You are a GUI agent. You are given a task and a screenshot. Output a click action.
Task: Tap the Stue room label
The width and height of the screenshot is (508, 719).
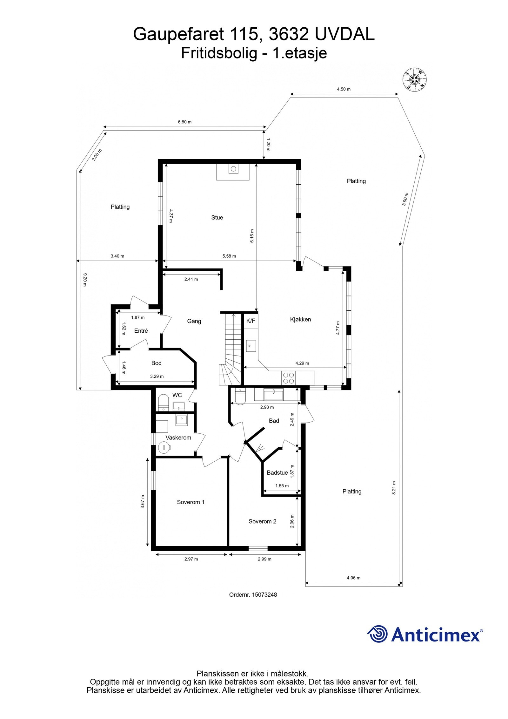point(217,218)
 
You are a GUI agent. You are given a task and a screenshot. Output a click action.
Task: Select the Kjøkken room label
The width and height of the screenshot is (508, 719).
point(300,319)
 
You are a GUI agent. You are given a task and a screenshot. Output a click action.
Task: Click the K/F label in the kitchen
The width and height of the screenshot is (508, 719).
point(251,321)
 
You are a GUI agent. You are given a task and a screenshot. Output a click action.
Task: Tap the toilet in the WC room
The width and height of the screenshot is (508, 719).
point(163,402)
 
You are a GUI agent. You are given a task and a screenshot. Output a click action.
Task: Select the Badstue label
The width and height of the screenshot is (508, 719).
point(277,472)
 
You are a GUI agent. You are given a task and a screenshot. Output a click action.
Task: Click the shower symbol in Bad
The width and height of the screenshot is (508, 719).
point(261,448)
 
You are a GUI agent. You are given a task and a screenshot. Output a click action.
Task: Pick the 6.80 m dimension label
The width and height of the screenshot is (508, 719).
point(184,122)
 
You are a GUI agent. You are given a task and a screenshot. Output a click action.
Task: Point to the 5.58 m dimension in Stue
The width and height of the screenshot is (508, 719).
point(229,256)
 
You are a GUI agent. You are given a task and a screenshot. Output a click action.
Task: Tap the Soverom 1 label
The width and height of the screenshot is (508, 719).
point(190,502)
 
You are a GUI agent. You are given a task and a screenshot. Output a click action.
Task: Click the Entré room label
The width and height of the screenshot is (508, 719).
point(141,331)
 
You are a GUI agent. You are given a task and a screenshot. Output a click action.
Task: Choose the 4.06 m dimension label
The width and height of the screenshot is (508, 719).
point(353,578)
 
